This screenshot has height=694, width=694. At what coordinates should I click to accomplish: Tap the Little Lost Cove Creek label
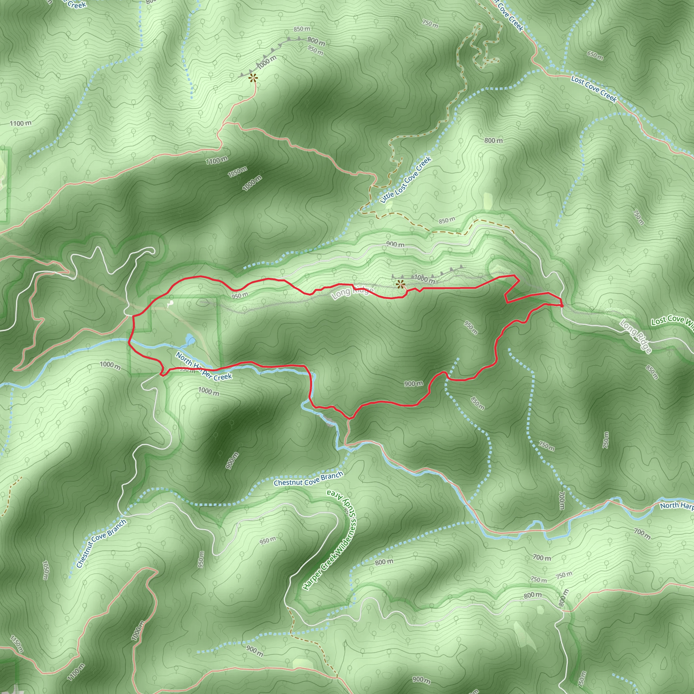point(406,180)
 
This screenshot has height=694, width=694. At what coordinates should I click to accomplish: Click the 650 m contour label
point(595,55)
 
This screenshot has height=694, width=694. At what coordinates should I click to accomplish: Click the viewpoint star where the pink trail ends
point(253,77)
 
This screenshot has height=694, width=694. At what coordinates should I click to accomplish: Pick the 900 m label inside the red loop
point(413,384)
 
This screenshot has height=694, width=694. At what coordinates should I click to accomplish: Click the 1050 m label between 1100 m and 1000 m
point(238,172)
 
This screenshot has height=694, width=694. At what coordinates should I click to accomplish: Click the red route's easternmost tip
point(562,305)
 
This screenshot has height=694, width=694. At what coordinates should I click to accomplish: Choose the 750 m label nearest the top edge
point(430,24)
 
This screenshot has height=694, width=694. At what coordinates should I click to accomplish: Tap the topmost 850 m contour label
point(302,29)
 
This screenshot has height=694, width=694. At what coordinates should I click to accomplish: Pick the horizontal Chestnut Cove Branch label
point(308,479)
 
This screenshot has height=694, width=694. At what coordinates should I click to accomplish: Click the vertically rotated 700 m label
point(562,500)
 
